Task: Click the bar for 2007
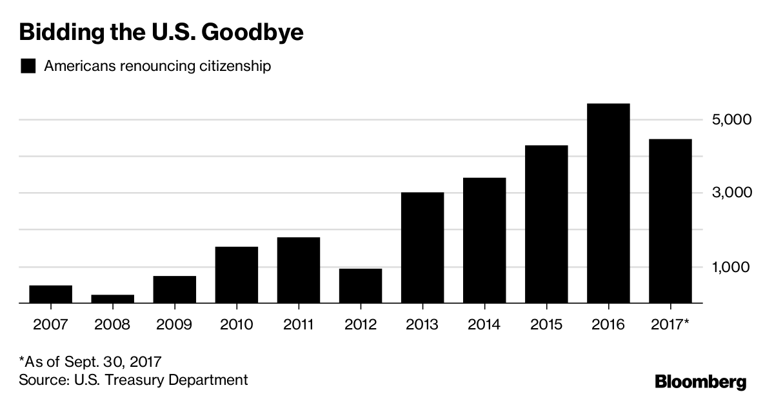click(x=50, y=294)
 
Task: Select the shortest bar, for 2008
click(x=112, y=298)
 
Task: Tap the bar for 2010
click(x=236, y=275)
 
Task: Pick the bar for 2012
click(x=360, y=286)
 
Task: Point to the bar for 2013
click(x=422, y=248)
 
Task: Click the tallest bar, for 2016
click(x=608, y=203)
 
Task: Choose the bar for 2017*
click(x=670, y=221)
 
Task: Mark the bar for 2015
click(x=546, y=224)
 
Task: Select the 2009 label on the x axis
click(x=174, y=324)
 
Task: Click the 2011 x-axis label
click(x=298, y=324)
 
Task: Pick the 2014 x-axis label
click(x=484, y=324)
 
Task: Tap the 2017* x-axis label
click(x=671, y=324)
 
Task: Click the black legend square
click(x=28, y=66)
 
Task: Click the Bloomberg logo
click(x=700, y=382)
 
